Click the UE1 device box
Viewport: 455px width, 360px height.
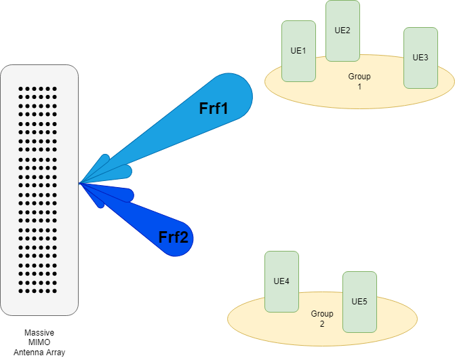coord(298,51)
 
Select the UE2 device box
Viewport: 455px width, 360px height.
coord(342,31)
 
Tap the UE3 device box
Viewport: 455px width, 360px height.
coord(421,58)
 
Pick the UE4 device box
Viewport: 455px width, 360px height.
coord(282,281)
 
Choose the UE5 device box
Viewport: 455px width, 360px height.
coord(360,302)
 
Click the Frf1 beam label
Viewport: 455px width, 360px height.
coord(214,108)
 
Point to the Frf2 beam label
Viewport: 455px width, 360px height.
coord(174,237)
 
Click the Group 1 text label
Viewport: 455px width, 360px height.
coord(359,81)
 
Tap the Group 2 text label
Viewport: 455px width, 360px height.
coord(322,319)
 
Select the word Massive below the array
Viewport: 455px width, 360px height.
coord(39,332)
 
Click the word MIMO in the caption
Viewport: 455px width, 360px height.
coord(39,342)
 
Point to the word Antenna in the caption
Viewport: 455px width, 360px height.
coord(27,353)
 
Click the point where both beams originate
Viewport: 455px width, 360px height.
coord(79,183)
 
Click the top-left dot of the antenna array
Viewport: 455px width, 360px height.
coord(20,89)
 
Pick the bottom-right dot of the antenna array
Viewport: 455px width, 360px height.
coord(54,291)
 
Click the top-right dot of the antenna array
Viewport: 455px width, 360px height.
coord(54,89)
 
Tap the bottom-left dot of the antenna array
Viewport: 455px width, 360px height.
coord(20,291)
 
